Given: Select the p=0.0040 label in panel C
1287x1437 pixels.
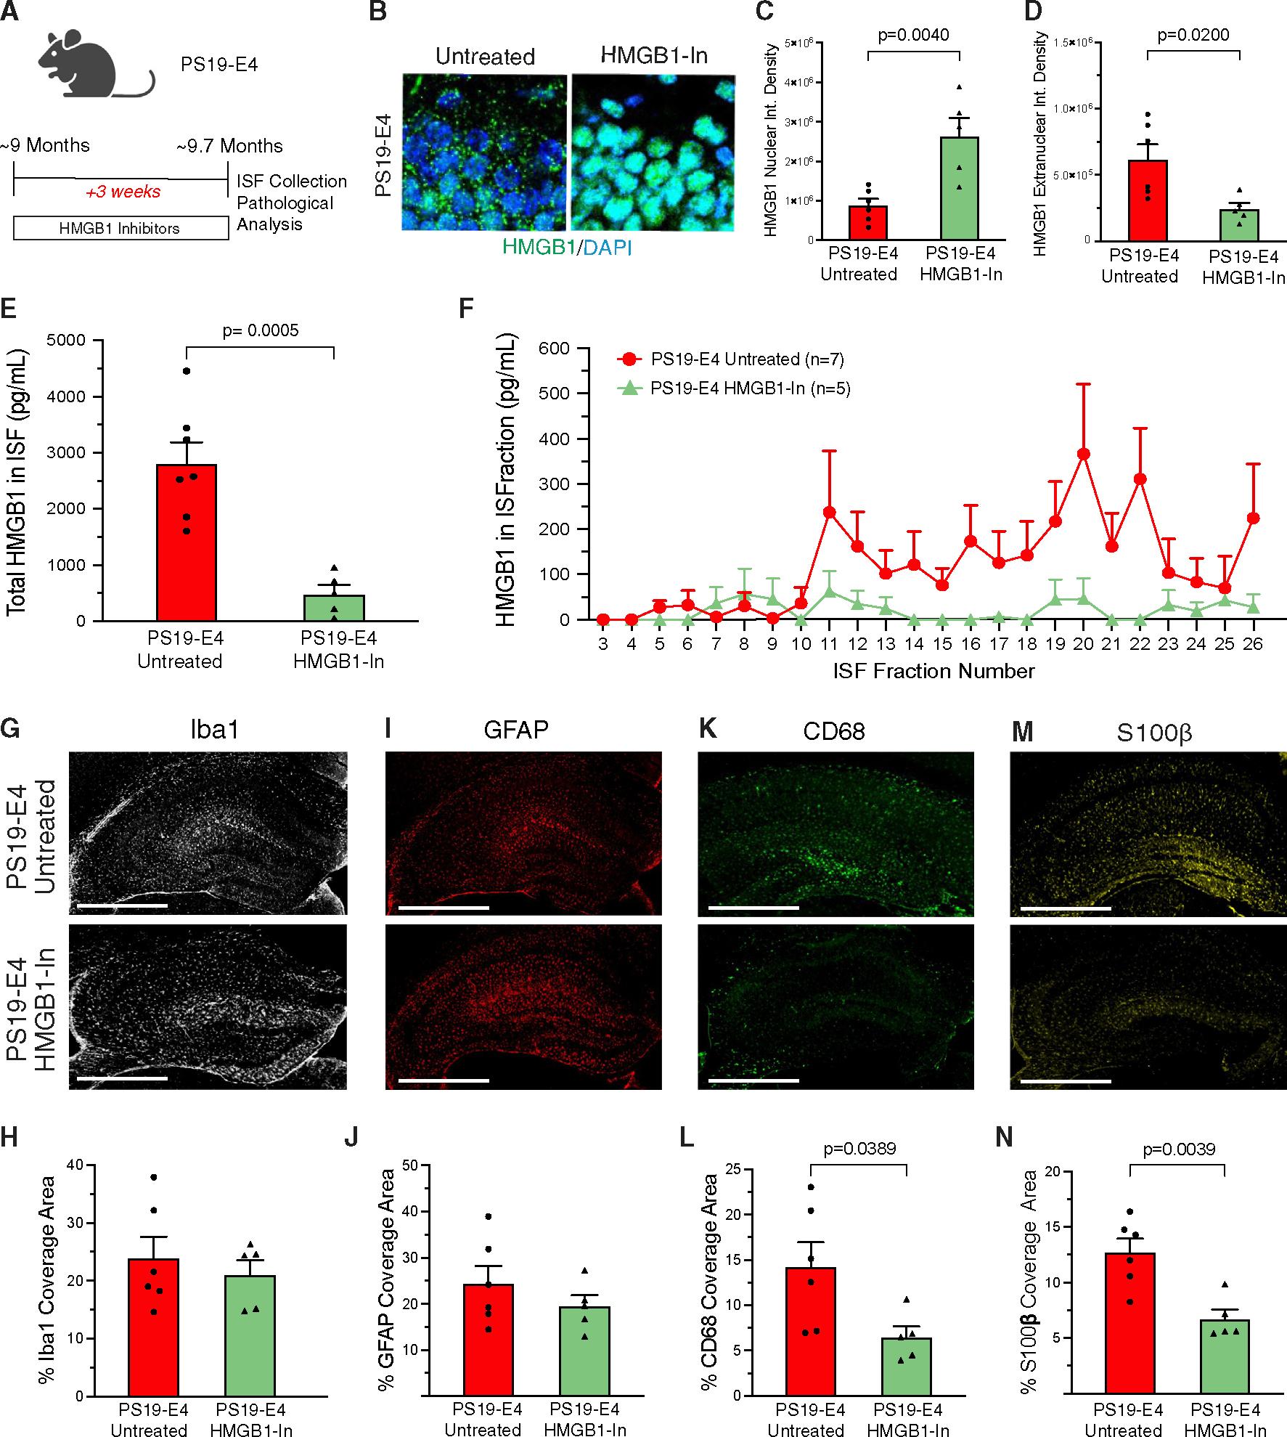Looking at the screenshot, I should point(912,35).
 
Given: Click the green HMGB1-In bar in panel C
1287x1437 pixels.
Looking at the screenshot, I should point(959,189).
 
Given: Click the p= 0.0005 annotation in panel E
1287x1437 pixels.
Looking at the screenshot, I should point(259,331).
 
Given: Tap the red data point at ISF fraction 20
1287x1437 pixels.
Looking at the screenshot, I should point(1084,454).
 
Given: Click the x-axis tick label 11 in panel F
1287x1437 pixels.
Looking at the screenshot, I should point(830,643).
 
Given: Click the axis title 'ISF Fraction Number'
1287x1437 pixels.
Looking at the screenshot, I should point(933,671).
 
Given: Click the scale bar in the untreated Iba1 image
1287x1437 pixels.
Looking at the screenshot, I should point(120,905).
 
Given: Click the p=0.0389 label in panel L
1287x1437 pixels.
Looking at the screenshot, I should point(859,1149).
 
